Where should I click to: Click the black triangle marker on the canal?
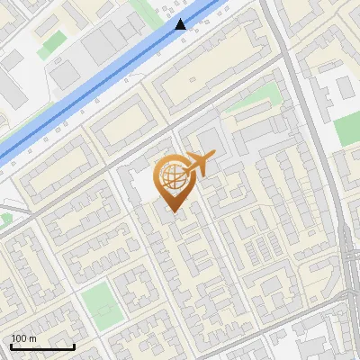point(182,24)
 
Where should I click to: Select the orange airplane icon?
point(200,165)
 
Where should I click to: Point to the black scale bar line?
point(42,346)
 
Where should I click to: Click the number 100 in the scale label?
point(19,338)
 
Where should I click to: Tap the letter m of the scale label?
point(32,338)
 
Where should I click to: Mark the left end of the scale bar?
point(11,346)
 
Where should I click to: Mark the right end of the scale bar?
point(74,346)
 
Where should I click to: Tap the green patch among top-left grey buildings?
point(51,40)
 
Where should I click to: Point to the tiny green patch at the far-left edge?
point(4,219)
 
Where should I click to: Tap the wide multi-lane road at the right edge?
point(349,261)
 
